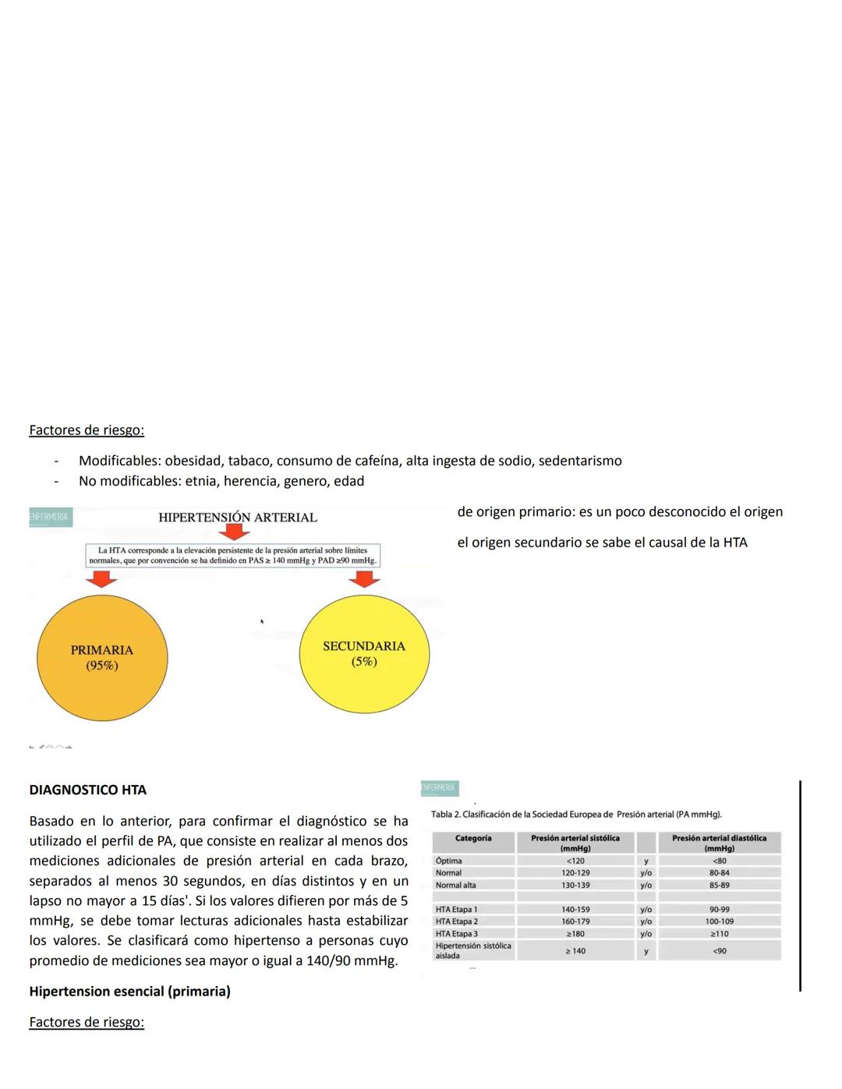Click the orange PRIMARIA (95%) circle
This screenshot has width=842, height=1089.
tap(102, 657)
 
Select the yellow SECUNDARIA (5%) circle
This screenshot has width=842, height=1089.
tap(364, 653)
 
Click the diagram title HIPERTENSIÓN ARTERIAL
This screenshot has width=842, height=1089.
tap(237, 517)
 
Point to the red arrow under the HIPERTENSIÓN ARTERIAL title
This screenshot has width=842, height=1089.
tap(234, 532)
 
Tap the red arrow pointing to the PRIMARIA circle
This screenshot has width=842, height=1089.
tap(102, 578)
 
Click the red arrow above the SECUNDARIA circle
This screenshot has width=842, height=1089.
tap(364, 578)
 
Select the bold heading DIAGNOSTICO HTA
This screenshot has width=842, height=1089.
tap(87, 790)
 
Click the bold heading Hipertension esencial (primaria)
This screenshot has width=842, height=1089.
tap(129, 992)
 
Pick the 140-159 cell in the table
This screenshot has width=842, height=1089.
tap(575, 910)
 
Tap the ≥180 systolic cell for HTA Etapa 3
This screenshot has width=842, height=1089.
tap(575, 934)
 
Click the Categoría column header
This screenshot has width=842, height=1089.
tap(473, 839)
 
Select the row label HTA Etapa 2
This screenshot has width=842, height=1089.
tap(457, 921)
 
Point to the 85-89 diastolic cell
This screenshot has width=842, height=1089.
tap(719, 886)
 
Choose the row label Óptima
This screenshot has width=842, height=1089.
tap(449, 861)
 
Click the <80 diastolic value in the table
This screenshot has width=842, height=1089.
tap(719, 861)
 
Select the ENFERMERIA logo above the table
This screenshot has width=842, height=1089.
tap(440, 788)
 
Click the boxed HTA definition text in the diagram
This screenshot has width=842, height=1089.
tap(232, 555)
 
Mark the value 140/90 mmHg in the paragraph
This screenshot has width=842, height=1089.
tap(352, 960)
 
